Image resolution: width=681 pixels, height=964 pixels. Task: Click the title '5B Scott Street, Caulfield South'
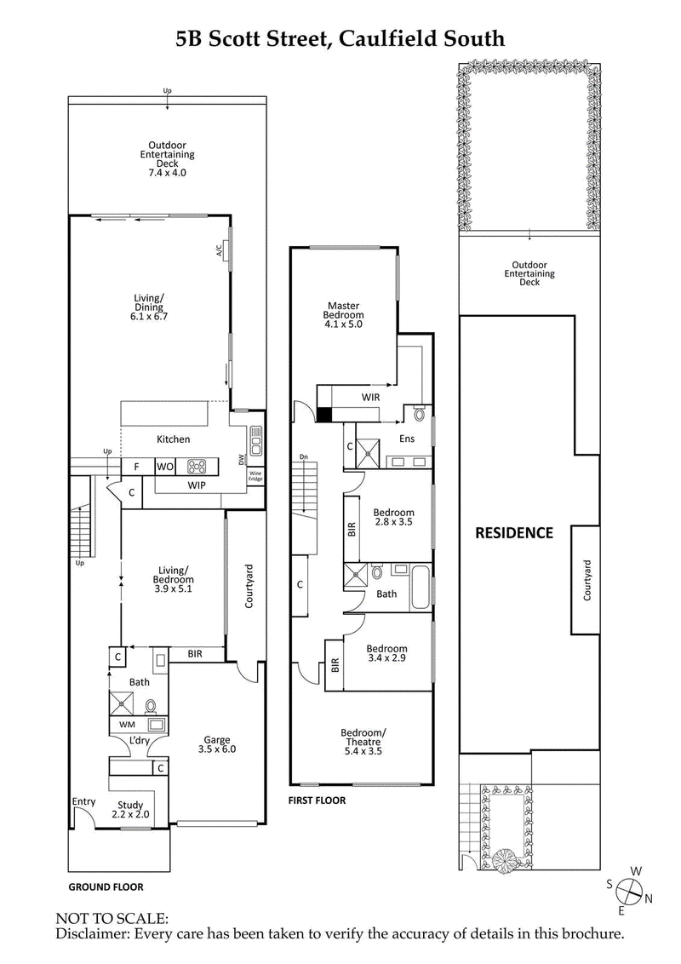pyautogui.click(x=340, y=37)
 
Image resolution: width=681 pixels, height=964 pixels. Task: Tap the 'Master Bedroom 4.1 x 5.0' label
pyautogui.click(x=345, y=314)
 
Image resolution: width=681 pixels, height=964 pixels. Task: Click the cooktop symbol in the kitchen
pyautogui.click(x=197, y=467)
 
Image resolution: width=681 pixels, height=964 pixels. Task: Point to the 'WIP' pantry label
pyautogui.click(x=196, y=485)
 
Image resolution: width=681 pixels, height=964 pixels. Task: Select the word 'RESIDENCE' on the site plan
pyautogui.click(x=513, y=533)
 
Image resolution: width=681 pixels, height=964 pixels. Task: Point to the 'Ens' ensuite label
pyautogui.click(x=409, y=439)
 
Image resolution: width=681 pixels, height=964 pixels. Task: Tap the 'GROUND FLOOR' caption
pyautogui.click(x=106, y=887)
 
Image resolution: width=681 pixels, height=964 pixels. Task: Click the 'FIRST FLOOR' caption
pyautogui.click(x=317, y=800)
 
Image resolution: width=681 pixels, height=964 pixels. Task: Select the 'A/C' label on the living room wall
pyautogui.click(x=219, y=250)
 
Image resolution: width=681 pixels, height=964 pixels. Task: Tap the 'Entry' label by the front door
pyautogui.click(x=83, y=801)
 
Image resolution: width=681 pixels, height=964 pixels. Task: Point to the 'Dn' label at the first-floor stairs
pyautogui.click(x=302, y=458)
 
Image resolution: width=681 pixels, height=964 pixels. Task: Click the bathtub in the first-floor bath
pyautogui.click(x=421, y=586)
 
